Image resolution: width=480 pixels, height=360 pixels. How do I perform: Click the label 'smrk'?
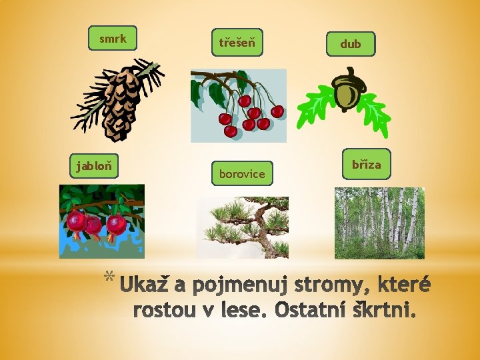coord(113,39)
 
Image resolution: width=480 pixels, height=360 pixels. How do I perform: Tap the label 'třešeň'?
coord(237,42)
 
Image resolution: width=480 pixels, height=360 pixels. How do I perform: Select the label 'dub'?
coord(350,44)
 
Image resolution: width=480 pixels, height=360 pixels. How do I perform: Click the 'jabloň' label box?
coord(94,166)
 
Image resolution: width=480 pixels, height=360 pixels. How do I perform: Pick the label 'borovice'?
coord(242,174)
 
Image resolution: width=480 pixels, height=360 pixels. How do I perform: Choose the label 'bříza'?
coord(366,164)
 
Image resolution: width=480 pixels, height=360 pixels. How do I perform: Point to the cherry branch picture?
coord(238,105)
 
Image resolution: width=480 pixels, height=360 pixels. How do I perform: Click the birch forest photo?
coord(379,223)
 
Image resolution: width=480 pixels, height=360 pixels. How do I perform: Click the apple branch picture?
coord(101,221)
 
